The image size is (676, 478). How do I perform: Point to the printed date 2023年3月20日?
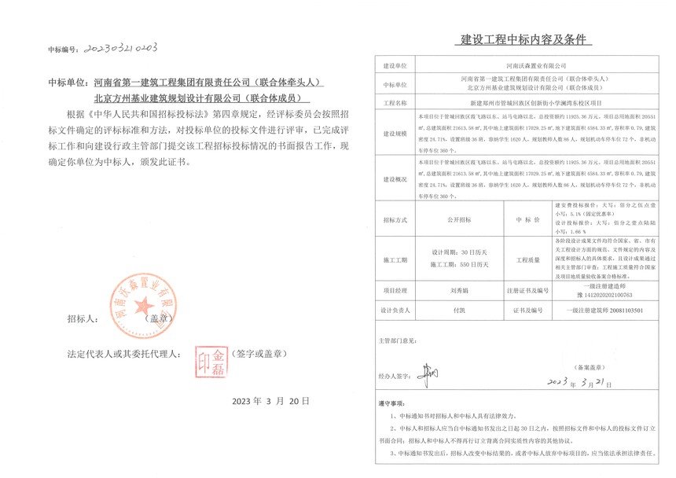tap(266, 400)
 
